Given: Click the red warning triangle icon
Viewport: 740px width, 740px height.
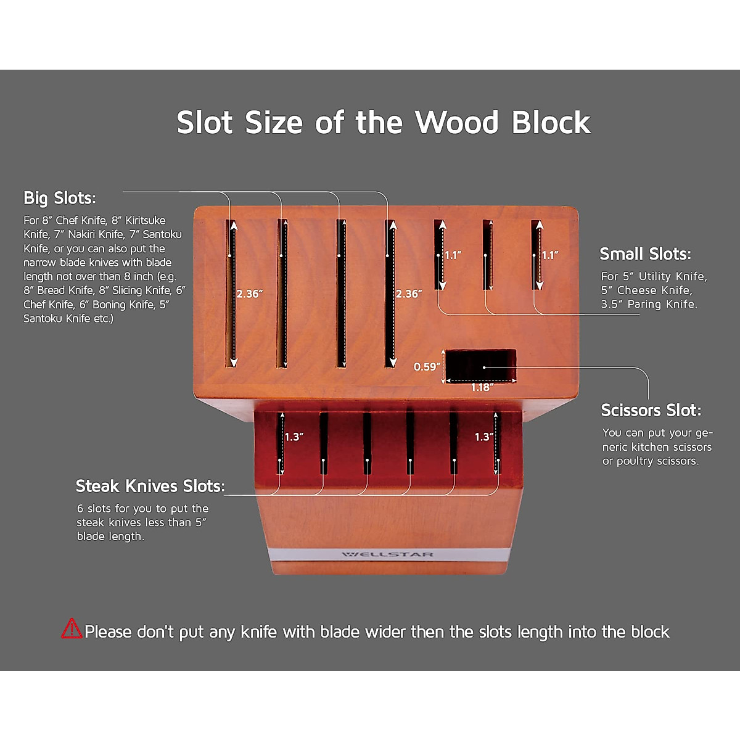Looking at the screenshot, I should point(72,628).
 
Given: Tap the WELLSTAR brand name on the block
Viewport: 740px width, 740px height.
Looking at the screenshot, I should point(388,554).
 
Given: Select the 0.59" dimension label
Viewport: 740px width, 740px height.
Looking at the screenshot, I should point(427,367).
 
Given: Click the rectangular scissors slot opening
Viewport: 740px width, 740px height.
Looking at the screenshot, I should point(480,364).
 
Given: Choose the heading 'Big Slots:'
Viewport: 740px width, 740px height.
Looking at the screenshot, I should point(59,198).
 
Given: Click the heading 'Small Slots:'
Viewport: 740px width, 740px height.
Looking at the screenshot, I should point(645,253).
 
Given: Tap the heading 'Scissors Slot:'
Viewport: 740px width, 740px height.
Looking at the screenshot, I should point(651,410).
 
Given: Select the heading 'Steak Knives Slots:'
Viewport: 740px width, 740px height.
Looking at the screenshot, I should point(150,486).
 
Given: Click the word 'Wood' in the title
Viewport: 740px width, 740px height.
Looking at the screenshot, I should point(457,122).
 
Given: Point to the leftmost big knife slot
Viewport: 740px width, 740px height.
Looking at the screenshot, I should point(231,293).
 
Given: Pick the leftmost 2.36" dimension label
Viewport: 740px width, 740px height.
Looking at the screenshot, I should point(250,294).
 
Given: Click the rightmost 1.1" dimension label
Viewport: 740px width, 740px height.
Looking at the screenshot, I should point(550,255).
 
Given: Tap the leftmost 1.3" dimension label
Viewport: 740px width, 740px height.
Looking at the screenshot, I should point(294,437).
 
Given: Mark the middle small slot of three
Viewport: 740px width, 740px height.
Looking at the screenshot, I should point(487,254).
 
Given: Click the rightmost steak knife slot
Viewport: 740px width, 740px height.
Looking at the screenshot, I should point(496,443).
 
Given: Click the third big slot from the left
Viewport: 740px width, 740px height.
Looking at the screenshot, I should point(340,293).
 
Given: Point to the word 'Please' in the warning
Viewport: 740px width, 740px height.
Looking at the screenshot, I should point(108,632).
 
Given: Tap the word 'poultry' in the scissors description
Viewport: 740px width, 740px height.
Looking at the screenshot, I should point(644,461).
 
